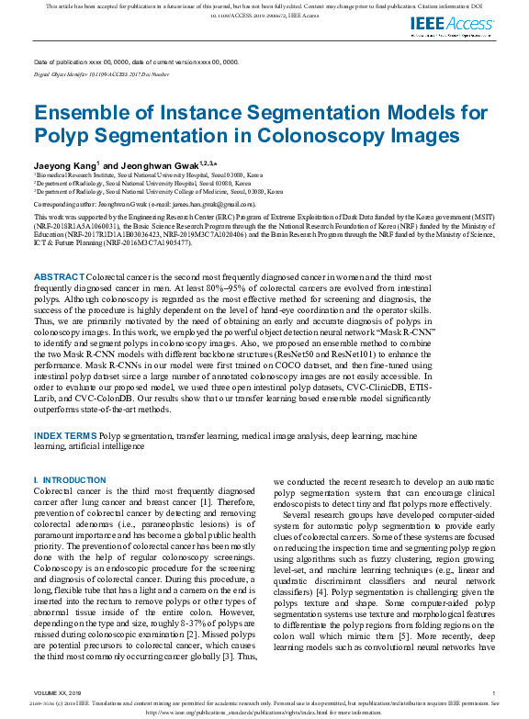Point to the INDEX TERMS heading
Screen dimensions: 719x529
(x=64, y=433)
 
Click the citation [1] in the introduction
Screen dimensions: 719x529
(x=235, y=501)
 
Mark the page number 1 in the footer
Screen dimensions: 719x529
(x=493, y=693)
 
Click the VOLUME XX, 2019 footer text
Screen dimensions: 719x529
(x=58, y=693)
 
